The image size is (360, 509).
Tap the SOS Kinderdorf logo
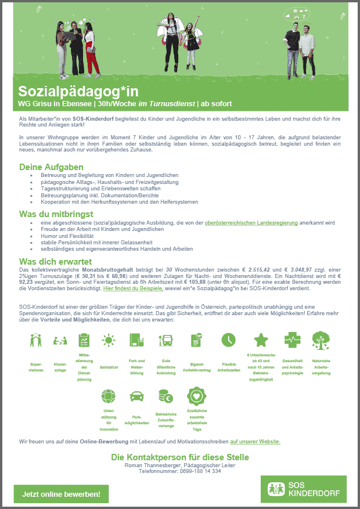click(304, 489)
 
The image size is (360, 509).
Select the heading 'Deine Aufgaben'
click(51, 167)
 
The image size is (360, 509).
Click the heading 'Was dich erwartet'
click(56, 261)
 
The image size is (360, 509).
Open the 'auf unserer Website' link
click(255, 442)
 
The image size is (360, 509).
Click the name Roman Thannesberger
click(152, 465)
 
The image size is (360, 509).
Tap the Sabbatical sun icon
click(109, 340)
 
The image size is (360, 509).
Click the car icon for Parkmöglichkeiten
click(137, 397)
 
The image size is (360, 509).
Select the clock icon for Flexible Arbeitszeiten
click(228, 340)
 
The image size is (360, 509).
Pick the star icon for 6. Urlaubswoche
click(261, 340)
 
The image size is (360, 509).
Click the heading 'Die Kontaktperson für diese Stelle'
click(180, 457)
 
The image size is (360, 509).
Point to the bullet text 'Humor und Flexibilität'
click(67, 236)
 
